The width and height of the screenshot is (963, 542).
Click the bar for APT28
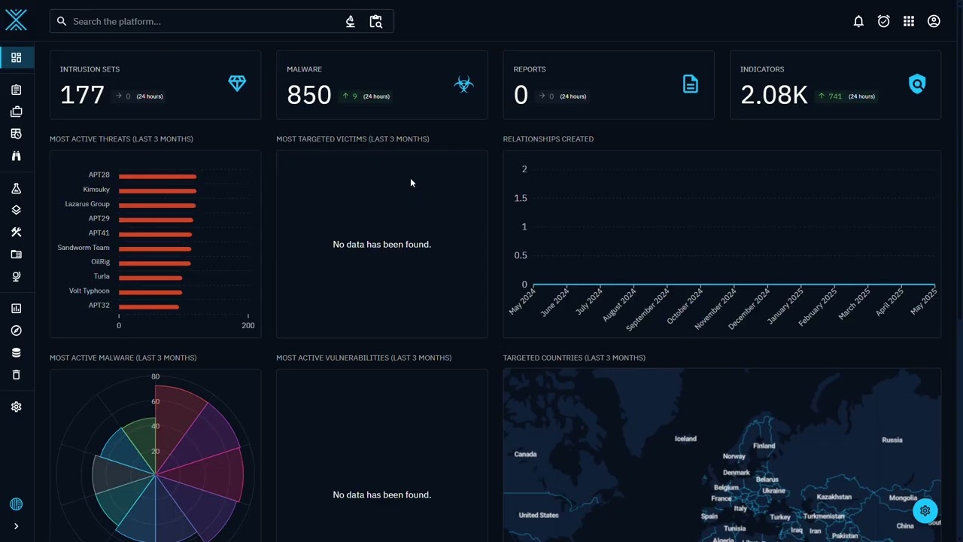pos(158,176)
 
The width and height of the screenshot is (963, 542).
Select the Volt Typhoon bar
pos(150,293)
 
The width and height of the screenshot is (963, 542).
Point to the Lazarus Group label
pos(87,204)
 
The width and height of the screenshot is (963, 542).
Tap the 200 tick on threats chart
pos(248,326)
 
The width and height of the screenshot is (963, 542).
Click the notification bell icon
pos(858,22)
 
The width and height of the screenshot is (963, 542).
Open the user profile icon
pos(934,22)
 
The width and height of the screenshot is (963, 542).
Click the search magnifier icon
pos(62,22)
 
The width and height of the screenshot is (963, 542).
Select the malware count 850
pos(309,95)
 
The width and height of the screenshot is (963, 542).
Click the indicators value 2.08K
pos(774,95)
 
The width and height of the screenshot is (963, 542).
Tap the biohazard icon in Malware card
pos(464,84)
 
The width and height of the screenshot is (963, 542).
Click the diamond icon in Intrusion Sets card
pos(237,84)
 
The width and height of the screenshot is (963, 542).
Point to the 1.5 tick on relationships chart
pos(521,198)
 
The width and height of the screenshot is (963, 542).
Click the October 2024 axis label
pos(685,306)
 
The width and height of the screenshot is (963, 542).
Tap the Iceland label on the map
pos(685,439)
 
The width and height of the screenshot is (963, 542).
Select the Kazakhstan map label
pos(834,497)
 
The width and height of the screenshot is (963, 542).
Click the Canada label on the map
pos(525,454)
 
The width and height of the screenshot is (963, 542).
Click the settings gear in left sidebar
pos(17,407)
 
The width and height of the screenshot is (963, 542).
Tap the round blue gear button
pos(925,511)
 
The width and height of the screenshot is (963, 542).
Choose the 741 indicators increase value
pos(835,96)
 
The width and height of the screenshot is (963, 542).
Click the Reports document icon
pos(691,84)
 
